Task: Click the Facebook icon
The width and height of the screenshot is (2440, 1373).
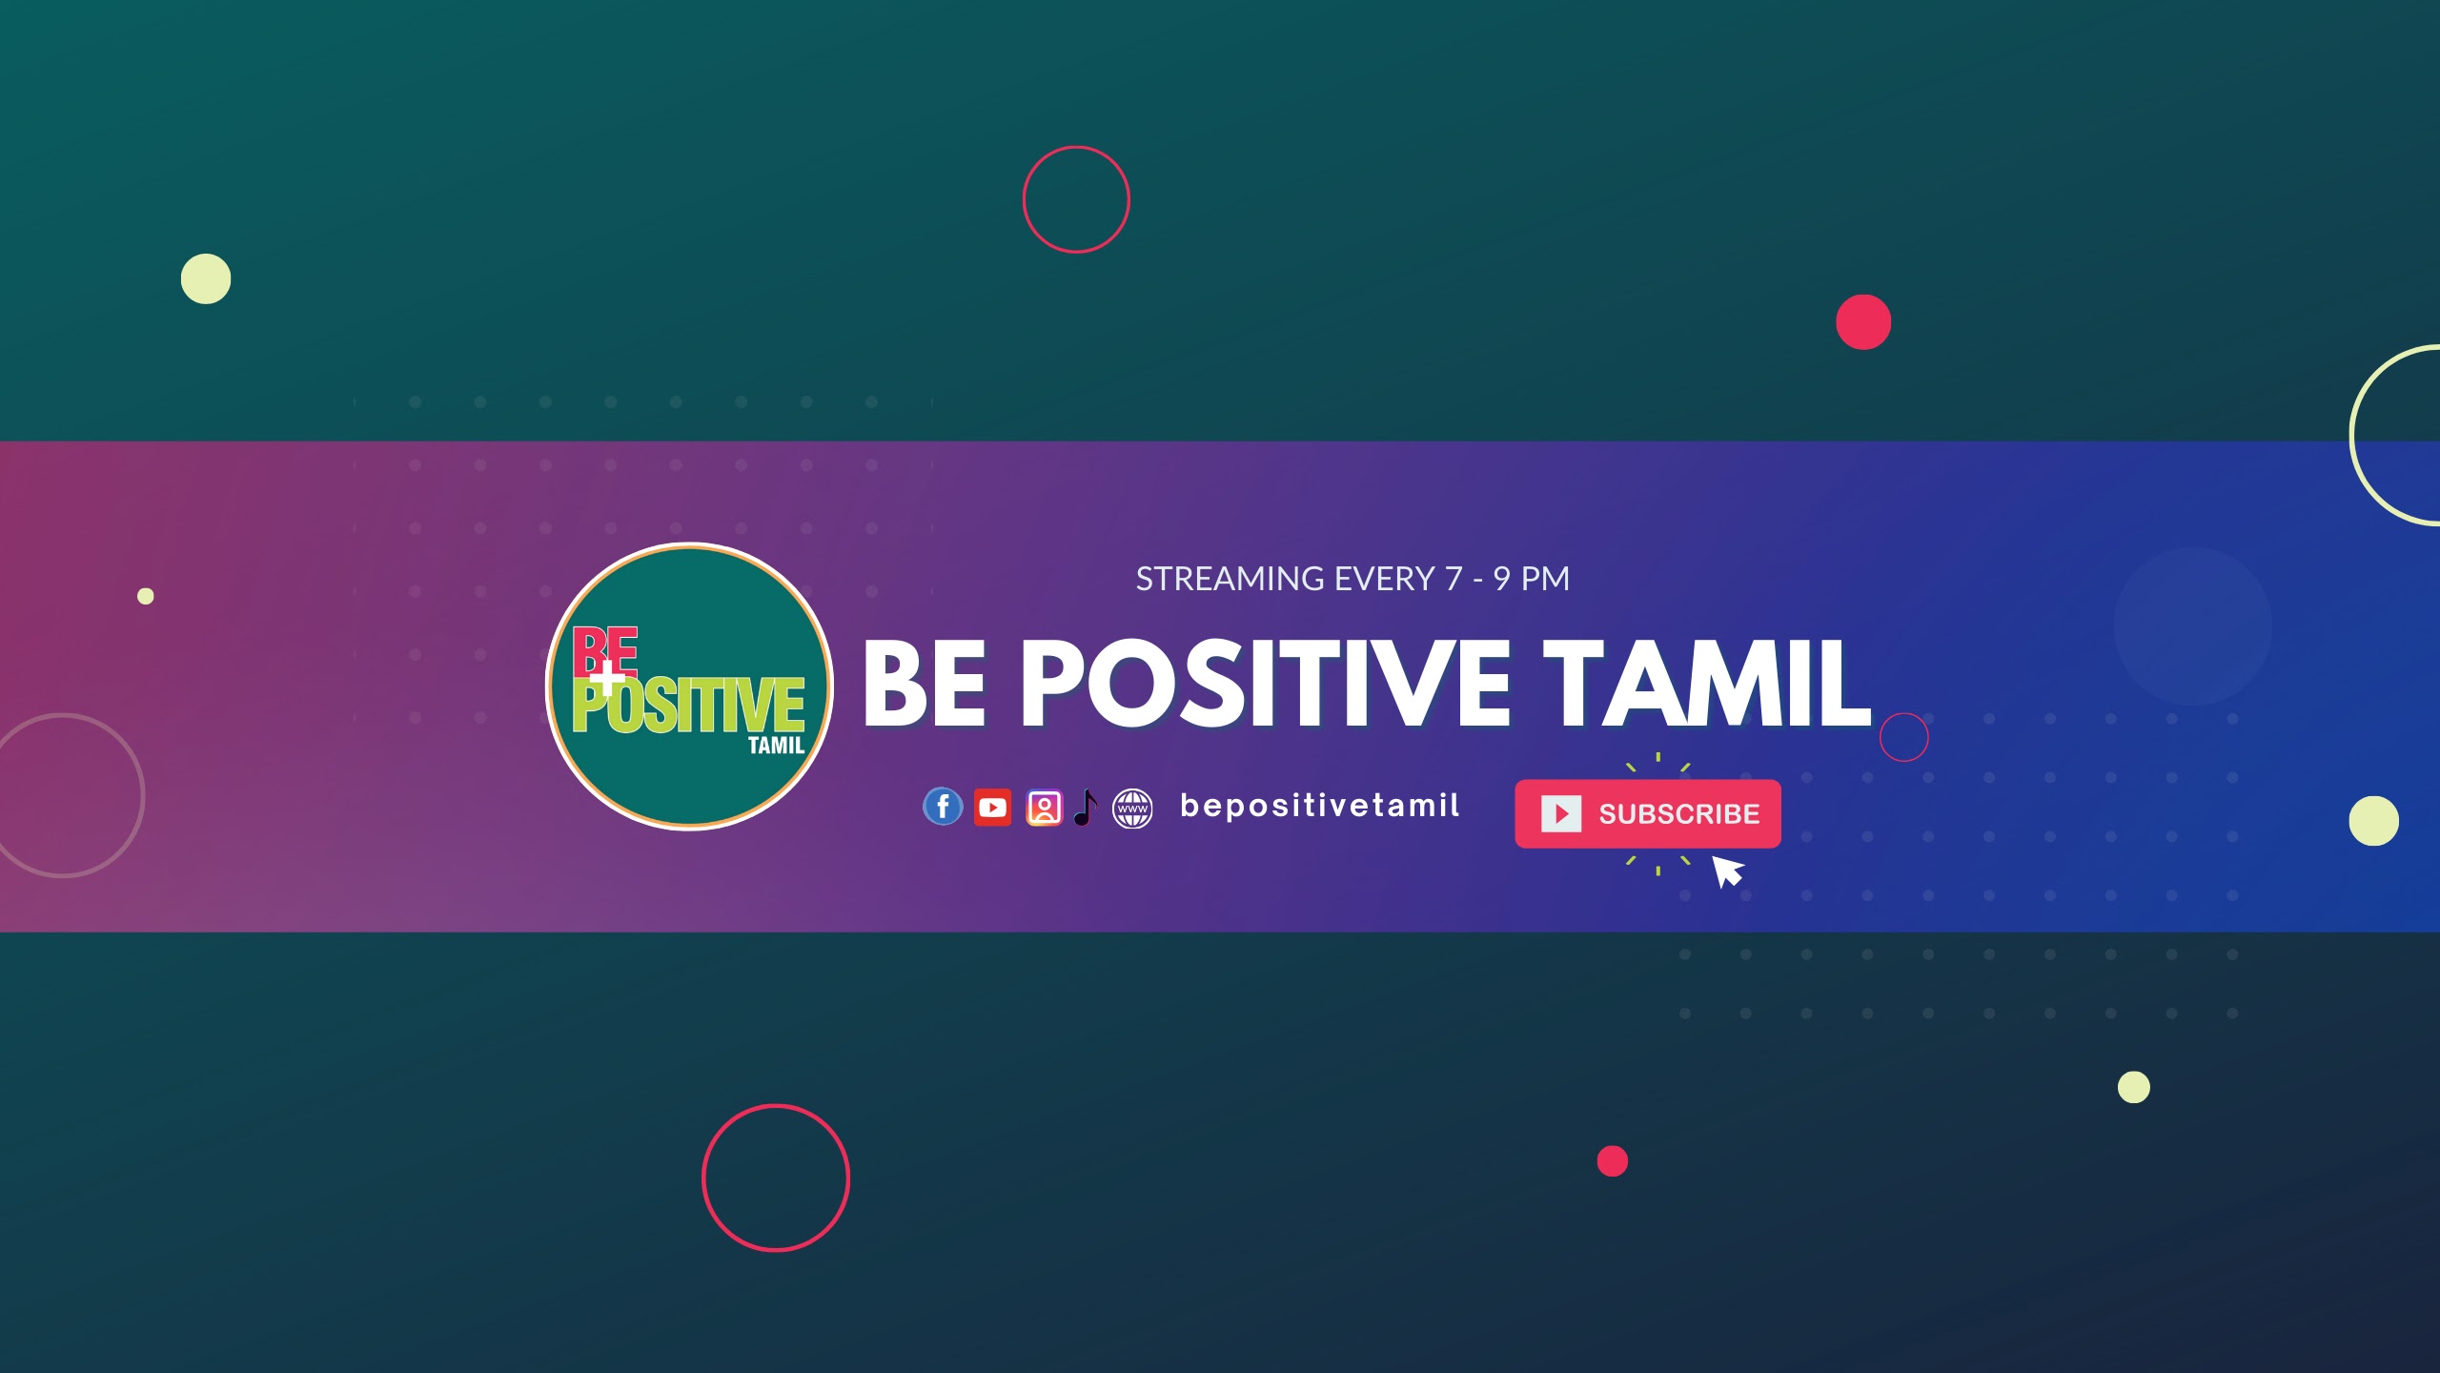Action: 943,807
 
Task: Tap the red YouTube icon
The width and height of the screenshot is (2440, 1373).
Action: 992,808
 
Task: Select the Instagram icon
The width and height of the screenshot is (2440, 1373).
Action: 1044,808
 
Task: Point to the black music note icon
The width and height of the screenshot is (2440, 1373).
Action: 1086,808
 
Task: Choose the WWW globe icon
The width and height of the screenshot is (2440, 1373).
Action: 1132,809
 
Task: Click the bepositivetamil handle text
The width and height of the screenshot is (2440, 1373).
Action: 1319,806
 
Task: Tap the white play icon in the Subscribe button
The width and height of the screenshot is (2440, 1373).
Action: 1561,813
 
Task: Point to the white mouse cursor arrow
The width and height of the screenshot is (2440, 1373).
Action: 1727,871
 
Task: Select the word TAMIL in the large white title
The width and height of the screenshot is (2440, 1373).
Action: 1707,683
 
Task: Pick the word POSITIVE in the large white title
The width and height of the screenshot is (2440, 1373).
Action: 1266,683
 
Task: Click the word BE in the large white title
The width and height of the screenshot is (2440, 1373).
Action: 925,683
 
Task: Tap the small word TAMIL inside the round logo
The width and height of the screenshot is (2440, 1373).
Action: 776,746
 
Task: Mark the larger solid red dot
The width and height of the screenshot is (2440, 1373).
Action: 1863,322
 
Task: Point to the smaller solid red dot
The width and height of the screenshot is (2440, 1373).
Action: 1613,1161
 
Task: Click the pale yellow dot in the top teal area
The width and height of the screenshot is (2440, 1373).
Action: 206,278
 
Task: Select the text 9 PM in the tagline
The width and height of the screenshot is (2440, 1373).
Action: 1532,579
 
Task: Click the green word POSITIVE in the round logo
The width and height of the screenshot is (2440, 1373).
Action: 688,706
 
